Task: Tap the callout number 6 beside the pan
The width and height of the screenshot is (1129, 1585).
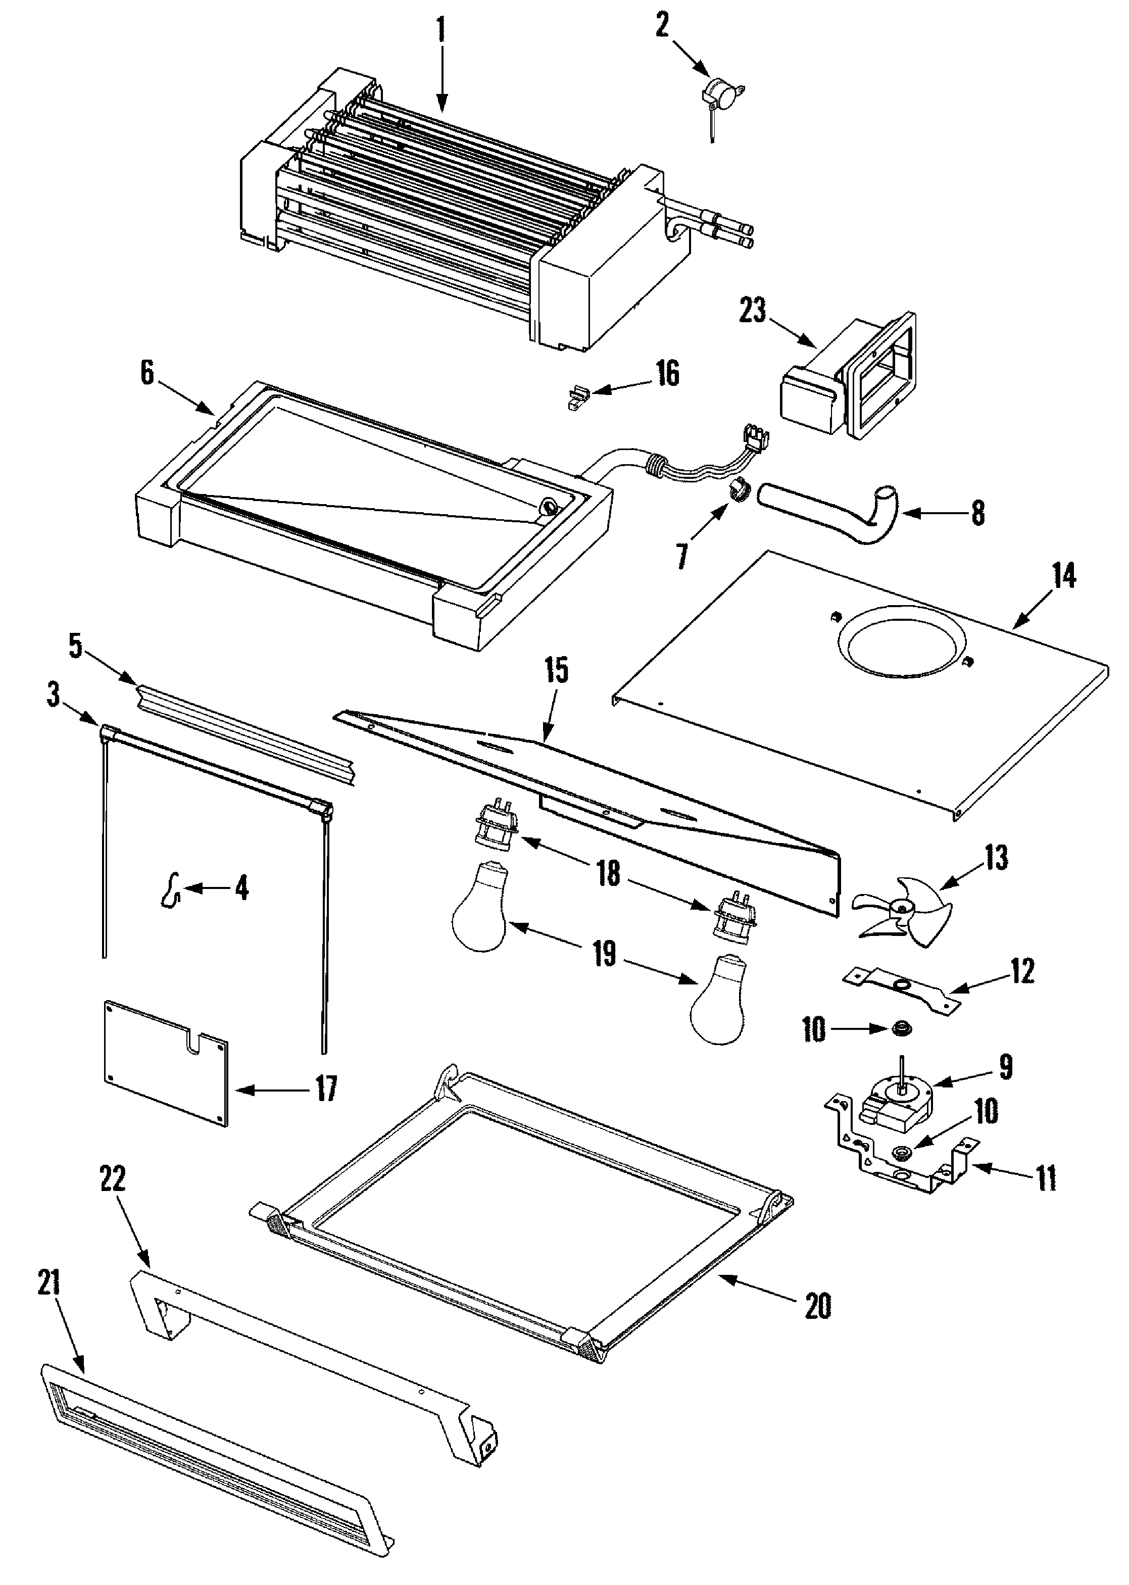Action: click(148, 373)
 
